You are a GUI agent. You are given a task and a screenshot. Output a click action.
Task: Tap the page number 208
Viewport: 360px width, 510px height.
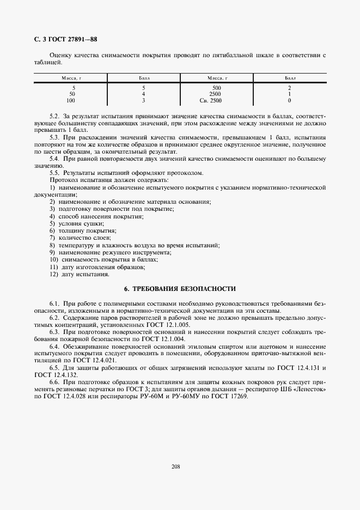(176, 466)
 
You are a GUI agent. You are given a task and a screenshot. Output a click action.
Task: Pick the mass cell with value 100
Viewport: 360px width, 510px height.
(71, 101)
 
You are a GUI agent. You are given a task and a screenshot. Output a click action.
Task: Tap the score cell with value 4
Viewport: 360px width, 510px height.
(143, 94)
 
